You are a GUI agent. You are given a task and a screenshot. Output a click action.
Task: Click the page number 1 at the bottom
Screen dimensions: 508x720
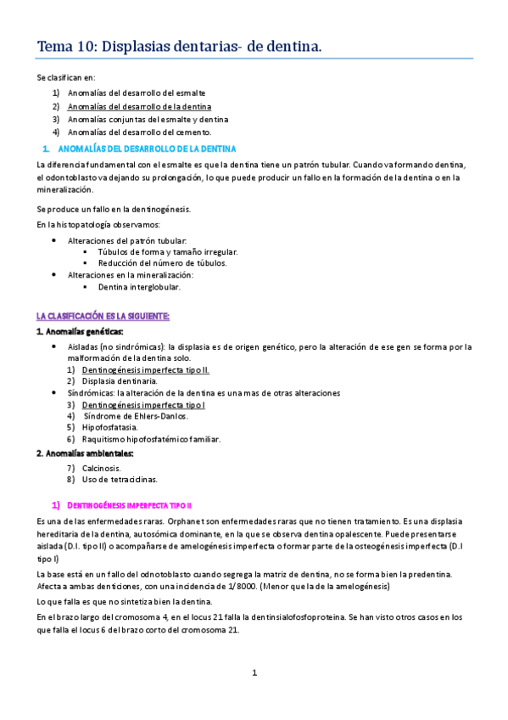[x=254, y=672]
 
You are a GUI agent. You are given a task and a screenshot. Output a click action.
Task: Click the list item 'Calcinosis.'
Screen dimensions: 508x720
[x=102, y=467]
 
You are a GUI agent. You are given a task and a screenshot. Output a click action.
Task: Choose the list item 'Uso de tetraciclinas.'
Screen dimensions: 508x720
[x=120, y=480]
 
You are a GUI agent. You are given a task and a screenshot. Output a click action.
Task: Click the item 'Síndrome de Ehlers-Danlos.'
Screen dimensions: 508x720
[x=137, y=416]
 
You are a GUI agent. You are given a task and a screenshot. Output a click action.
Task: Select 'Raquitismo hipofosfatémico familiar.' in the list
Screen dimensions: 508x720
[x=151, y=439]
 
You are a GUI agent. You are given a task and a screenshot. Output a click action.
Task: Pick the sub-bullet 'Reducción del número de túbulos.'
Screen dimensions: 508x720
[x=162, y=263]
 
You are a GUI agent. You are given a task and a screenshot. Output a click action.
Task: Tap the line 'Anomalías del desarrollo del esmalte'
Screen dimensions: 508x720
[x=137, y=93]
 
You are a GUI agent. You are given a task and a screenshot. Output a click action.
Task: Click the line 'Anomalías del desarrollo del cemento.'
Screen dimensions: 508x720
[x=140, y=132]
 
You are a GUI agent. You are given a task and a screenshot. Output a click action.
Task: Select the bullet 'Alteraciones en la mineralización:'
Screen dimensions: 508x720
[x=131, y=275]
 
